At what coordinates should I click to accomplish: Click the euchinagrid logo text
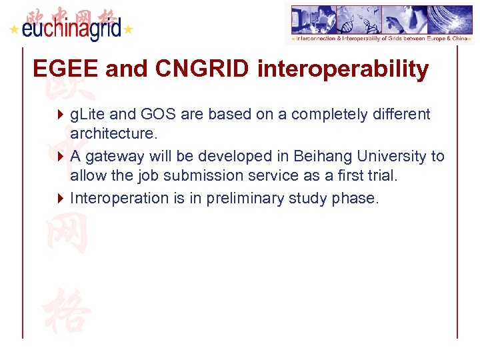(71, 29)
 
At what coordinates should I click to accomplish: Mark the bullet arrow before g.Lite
(61, 115)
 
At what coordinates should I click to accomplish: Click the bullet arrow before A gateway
(61, 157)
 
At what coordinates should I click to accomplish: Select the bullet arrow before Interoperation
(61, 198)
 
